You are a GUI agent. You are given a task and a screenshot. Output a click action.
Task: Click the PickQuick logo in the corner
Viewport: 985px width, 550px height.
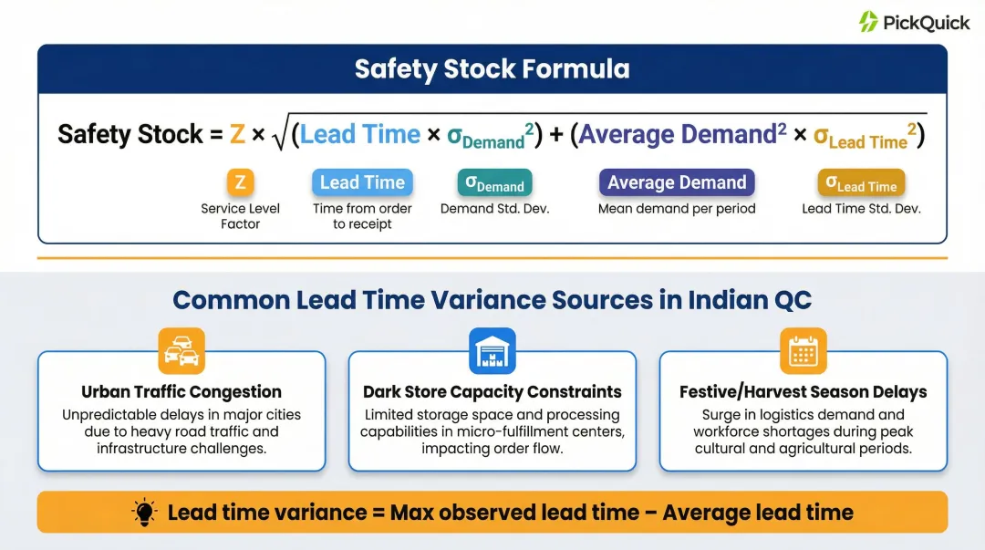tap(913, 22)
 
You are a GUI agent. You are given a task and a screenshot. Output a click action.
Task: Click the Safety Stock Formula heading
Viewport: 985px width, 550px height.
tap(492, 69)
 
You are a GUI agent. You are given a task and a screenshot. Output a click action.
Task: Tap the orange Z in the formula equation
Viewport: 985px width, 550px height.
tap(236, 135)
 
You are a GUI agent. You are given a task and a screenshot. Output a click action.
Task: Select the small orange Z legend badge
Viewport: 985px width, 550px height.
tap(240, 182)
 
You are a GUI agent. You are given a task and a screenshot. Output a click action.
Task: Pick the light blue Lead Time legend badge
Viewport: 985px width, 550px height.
tap(362, 182)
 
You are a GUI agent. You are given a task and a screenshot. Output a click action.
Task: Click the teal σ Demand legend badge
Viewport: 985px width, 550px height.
tap(494, 183)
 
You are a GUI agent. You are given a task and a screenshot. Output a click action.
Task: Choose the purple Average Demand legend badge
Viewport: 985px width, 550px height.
tap(677, 182)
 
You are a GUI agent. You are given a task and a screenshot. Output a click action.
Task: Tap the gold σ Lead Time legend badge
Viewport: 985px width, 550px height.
tap(861, 183)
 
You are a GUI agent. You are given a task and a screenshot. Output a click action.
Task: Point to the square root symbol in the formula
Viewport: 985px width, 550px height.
tap(280, 135)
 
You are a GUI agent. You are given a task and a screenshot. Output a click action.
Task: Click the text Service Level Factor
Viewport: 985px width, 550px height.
tap(240, 216)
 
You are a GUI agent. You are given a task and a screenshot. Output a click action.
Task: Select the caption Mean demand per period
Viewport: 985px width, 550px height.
tap(677, 209)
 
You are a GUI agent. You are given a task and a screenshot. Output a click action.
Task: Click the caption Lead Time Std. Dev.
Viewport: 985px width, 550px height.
tap(861, 209)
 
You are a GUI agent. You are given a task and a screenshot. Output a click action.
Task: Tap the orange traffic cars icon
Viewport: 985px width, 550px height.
tap(181, 350)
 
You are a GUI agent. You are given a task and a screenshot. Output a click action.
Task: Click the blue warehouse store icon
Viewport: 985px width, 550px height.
tap(493, 350)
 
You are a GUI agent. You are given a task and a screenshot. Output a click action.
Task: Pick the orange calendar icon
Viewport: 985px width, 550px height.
tap(804, 350)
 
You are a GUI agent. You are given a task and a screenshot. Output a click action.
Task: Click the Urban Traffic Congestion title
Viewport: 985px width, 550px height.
tap(181, 392)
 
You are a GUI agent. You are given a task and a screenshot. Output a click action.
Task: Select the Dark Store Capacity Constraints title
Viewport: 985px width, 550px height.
tap(493, 392)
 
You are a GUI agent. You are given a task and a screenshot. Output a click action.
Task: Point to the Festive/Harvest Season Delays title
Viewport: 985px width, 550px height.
tap(804, 392)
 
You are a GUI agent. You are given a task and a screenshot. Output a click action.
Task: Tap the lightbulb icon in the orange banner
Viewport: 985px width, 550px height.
tap(144, 512)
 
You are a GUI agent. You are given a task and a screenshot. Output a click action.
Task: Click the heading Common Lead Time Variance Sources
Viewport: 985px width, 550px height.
tap(492, 300)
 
